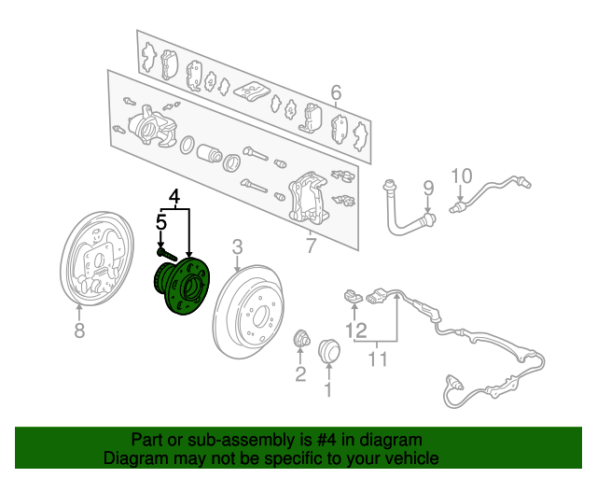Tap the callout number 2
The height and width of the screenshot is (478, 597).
point(300,374)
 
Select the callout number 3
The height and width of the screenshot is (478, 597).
point(237,246)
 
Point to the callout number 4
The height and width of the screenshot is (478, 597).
point(174,196)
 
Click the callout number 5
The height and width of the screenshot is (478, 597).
point(161,223)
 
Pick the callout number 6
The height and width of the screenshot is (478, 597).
point(336,92)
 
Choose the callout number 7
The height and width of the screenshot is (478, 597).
point(312,246)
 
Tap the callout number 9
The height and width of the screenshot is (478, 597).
point(429,190)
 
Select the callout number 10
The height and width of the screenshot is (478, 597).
point(463,176)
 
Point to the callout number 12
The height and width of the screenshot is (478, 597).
point(356,330)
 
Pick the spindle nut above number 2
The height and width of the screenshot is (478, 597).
point(301,338)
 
